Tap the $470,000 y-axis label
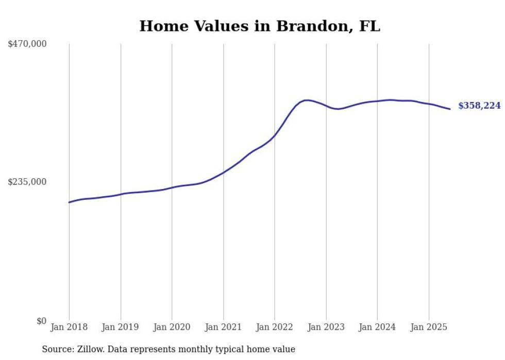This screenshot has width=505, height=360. point(27,44)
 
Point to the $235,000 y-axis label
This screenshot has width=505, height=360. point(27,182)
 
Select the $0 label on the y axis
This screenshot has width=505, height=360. point(41,321)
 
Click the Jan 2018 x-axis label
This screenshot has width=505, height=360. point(69,327)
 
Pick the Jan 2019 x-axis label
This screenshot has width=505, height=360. point(121,327)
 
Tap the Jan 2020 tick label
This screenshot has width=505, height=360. point(172,327)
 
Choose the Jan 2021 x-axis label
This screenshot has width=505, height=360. point(223,327)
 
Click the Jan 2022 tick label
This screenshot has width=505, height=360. point(275,327)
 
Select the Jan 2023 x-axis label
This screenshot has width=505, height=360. point(326,327)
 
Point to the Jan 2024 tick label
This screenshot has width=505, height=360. point(377,327)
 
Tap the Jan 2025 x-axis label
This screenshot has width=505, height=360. point(429,327)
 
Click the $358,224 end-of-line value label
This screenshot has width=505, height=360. point(479,106)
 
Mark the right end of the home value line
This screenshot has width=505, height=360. point(450,109)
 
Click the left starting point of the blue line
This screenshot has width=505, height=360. point(69,202)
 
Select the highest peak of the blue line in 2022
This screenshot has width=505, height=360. point(307,100)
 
